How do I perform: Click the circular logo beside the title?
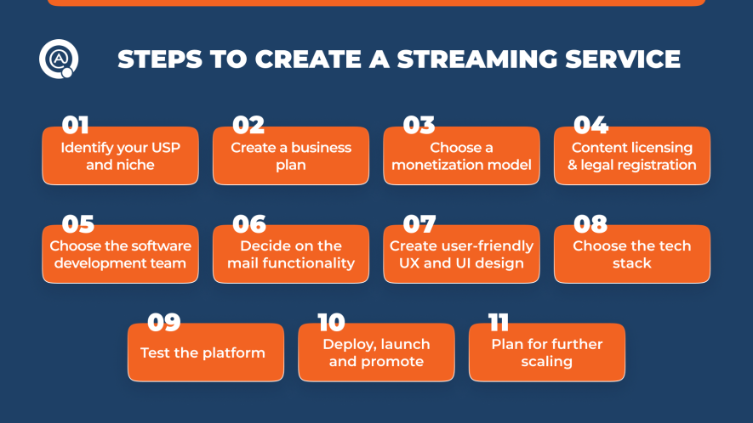point(58,59)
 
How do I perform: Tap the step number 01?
point(75,126)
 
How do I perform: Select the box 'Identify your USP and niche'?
point(120,156)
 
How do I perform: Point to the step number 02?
point(248,126)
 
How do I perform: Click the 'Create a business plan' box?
point(291,156)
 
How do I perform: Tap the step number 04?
point(590,126)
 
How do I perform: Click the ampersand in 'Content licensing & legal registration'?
point(573,165)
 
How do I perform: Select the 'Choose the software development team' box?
point(120,255)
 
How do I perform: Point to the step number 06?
point(248,224)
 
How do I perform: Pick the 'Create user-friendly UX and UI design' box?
point(461,255)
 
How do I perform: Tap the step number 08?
point(590,224)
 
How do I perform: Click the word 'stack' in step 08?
point(631,263)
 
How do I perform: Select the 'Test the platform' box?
point(205,352)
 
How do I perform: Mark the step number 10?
point(331,323)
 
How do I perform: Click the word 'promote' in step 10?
point(392,362)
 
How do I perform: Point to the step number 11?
point(499,323)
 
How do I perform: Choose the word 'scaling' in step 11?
point(546,362)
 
